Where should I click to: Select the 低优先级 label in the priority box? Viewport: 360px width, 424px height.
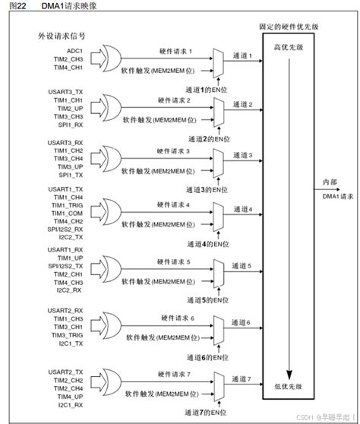[289, 387]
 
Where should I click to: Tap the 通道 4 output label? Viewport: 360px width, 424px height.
[242, 208]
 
